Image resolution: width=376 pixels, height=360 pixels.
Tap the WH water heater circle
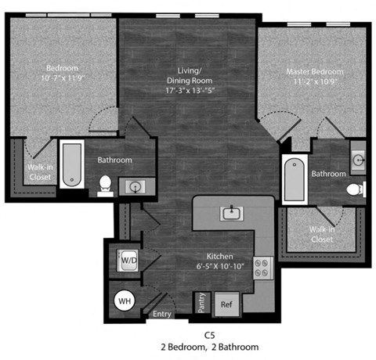coord(124,299)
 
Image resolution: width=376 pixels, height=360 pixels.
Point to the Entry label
coord(162,314)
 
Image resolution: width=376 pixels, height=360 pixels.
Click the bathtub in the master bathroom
coord(293,176)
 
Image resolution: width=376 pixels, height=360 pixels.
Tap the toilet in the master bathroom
coord(355,189)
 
